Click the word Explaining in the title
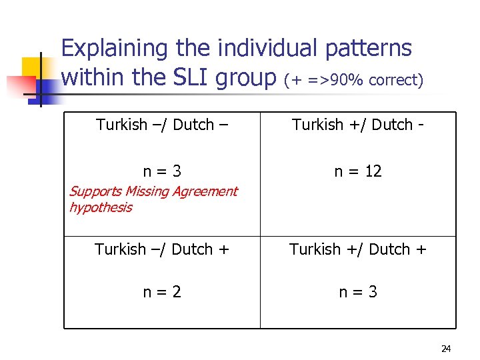113,49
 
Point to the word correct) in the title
396,81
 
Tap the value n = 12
358,171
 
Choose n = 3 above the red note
162,171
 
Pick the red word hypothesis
101,207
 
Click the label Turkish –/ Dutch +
162,249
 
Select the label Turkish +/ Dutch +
357,249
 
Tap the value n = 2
162,292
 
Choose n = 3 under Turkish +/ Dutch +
358,292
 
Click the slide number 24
446,349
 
